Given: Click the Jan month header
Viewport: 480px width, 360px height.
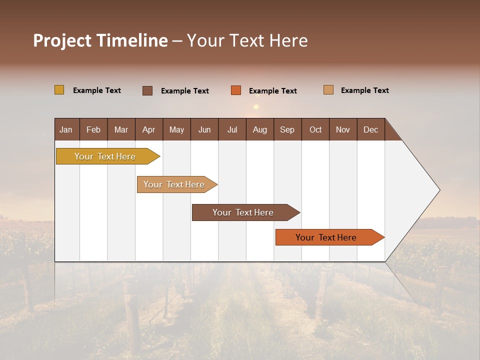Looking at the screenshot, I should click(x=66, y=129).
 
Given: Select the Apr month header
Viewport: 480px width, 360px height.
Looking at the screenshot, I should click(x=149, y=129).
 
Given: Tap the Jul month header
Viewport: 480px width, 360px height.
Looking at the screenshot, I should click(x=232, y=129).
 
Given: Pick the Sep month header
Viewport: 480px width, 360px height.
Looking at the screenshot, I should click(x=287, y=129).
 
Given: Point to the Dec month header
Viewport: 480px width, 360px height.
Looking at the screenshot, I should click(x=370, y=129).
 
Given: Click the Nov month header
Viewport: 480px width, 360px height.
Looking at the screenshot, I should click(x=343, y=129).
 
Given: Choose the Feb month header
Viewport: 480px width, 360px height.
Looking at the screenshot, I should click(x=93, y=129).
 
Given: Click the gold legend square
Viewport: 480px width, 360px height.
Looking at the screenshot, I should click(x=59, y=90).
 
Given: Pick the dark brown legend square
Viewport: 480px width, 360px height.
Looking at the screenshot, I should click(x=147, y=90).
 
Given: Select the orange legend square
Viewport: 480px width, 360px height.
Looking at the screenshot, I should click(x=236, y=90).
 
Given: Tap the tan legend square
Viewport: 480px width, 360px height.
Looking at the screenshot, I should click(x=328, y=90).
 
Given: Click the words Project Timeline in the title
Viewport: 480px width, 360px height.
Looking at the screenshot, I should click(x=100, y=40).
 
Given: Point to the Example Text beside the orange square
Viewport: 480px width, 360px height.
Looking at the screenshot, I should click(x=272, y=91).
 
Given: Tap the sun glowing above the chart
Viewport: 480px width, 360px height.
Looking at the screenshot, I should click(x=256, y=106).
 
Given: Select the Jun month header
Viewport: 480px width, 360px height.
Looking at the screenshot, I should click(x=204, y=129).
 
